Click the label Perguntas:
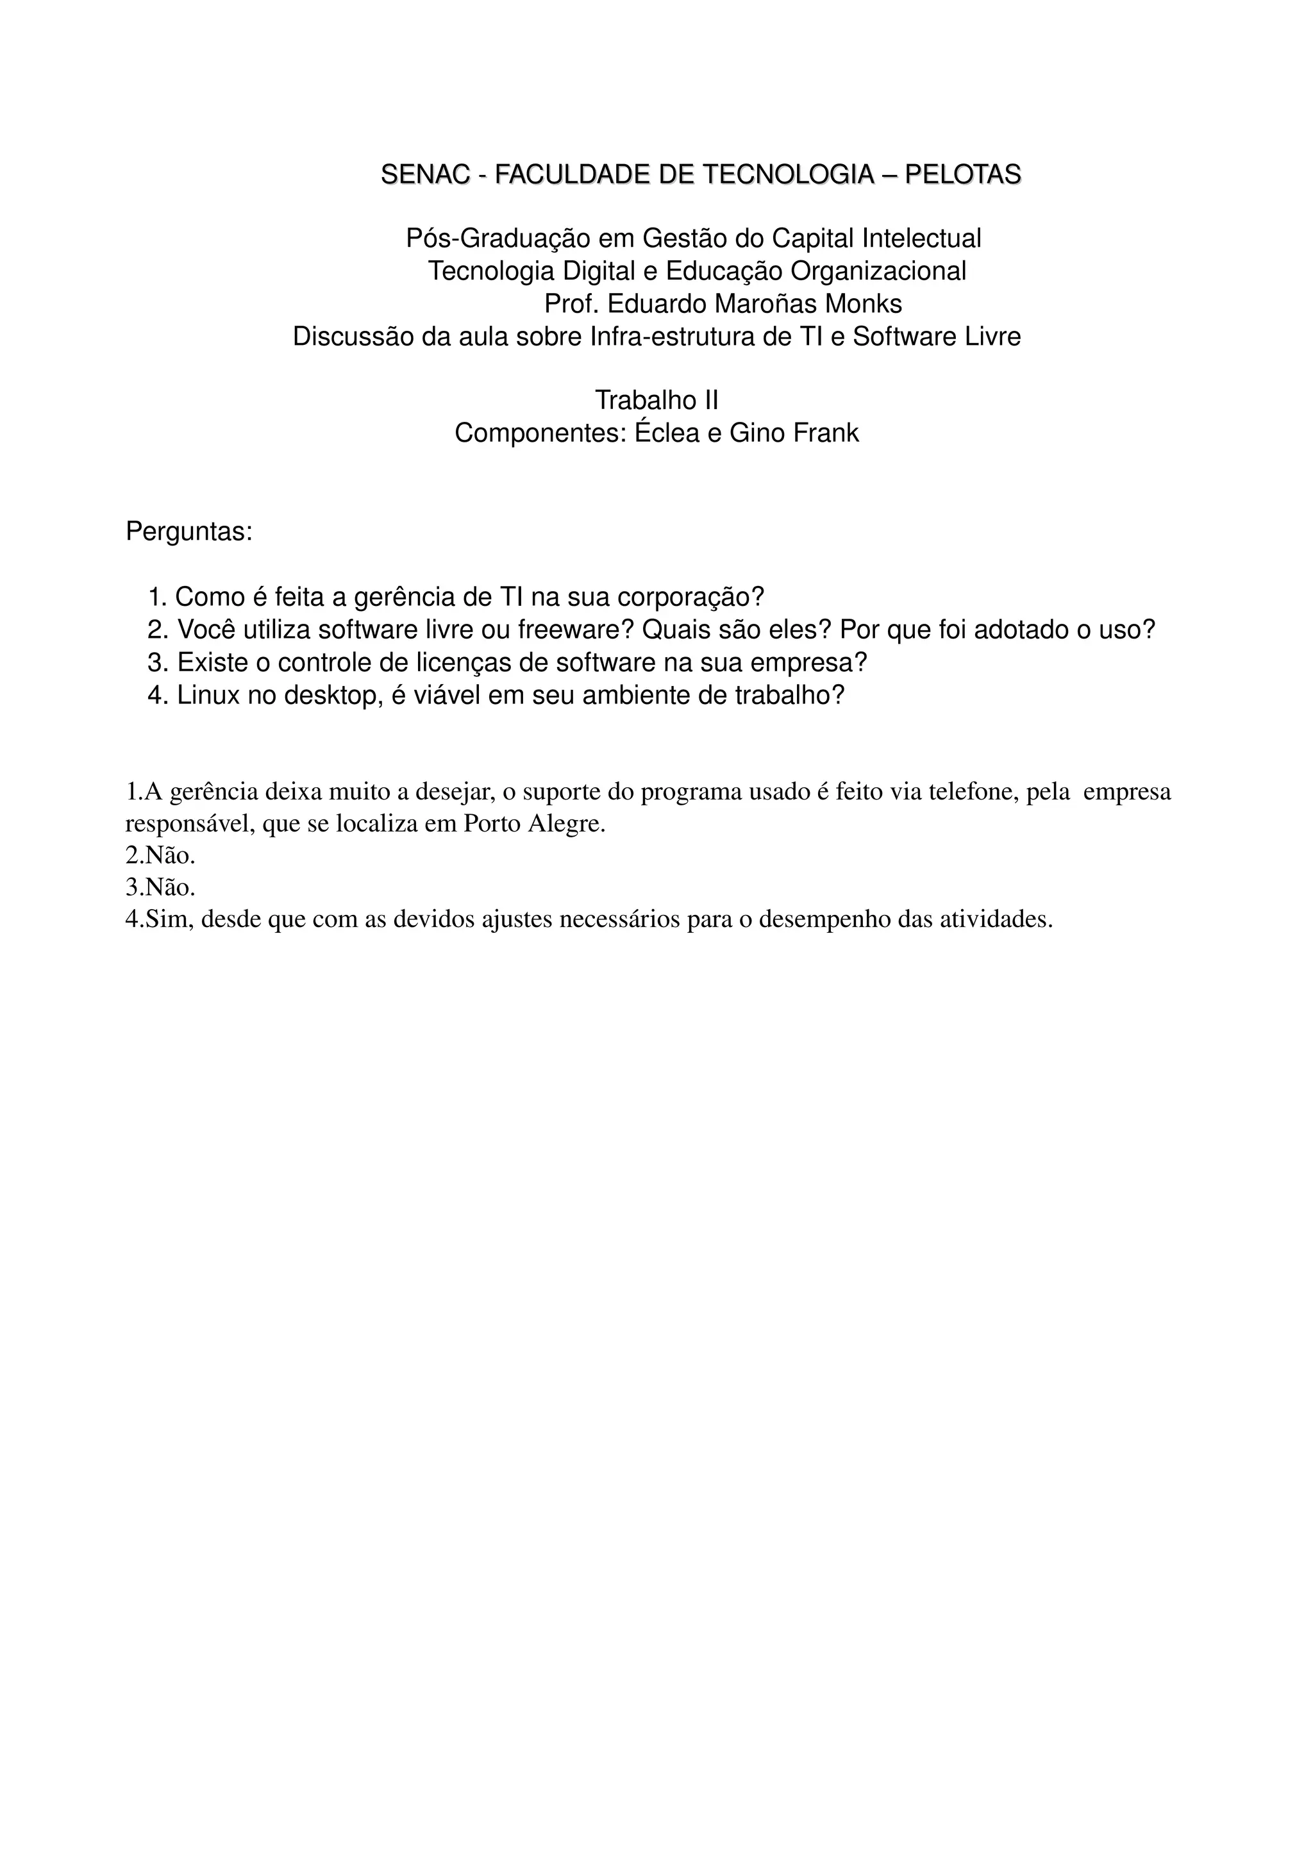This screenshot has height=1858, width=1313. click(189, 533)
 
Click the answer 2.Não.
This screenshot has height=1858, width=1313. click(160, 855)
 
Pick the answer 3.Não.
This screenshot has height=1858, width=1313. click(160, 888)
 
